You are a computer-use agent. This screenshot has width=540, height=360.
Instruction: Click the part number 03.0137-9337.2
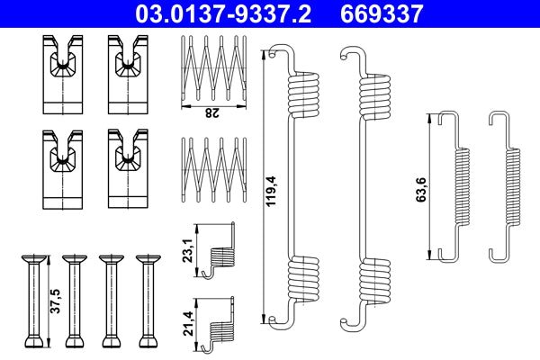[225, 14]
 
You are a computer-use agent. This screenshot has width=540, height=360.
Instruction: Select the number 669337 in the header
[382, 14]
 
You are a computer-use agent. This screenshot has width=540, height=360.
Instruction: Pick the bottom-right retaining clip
[126, 167]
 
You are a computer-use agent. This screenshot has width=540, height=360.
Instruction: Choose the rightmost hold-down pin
[147, 301]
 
